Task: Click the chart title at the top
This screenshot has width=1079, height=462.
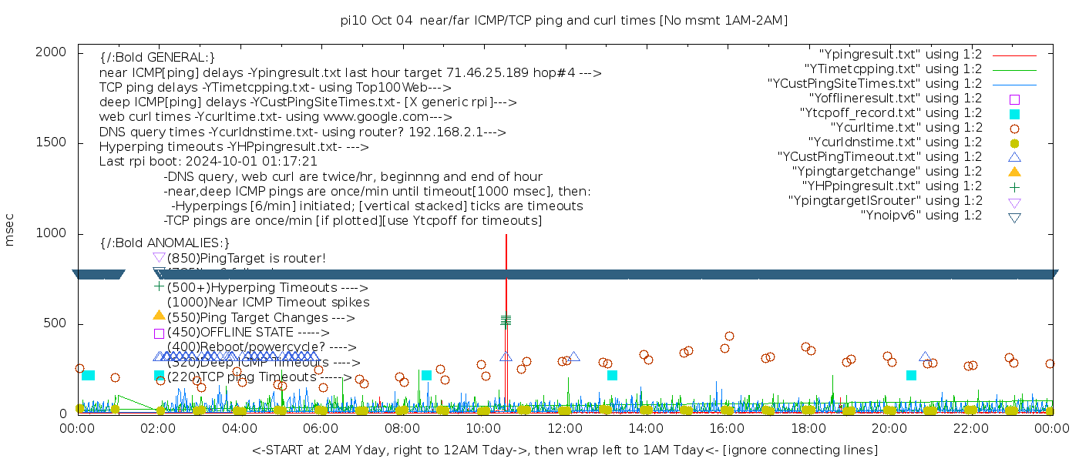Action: (x=563, y=20)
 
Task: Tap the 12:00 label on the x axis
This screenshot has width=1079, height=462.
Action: (x=563, y=428)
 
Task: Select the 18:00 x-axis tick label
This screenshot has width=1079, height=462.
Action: (x=807, y=428)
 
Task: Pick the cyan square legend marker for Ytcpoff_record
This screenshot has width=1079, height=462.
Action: (x=1014, y=113)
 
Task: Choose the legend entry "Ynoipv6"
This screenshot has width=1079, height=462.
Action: (x=921, y=216)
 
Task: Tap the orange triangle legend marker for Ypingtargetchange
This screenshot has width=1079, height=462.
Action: (x=1014, y=171)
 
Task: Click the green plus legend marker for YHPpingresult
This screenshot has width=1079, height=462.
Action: (x=1014, y=186)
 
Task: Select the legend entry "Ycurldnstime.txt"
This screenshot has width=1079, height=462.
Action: (x=895, y=142)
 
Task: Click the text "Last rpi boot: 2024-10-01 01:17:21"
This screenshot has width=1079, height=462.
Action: (x=208, y=162)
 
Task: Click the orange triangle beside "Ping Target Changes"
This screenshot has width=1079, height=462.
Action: (x=159, y=315)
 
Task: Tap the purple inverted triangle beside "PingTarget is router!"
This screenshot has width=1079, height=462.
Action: (x=159, y=257)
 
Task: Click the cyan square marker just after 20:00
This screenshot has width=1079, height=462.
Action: (x=911, y=375)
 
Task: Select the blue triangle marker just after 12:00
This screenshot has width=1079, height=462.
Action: (x=573, y=357)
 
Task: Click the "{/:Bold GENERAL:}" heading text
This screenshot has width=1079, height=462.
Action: (x=157, y=58)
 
